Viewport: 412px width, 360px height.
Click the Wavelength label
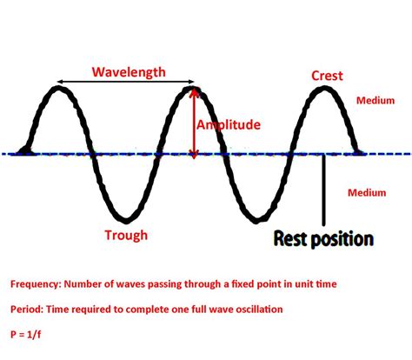pos(129,72)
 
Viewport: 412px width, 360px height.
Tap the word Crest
pos(327,76)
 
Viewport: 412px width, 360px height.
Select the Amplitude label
pos(229,125)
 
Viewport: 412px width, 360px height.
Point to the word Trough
pos(126,235)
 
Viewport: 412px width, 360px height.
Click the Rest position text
pos(323,239)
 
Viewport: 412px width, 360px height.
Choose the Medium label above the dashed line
pos(375,101)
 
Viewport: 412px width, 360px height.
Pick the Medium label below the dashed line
pos(367,193)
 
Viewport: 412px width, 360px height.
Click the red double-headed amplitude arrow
pos(195,123)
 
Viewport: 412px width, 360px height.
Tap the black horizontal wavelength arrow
pos(126,82)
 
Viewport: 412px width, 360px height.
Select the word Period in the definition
pos(27,310)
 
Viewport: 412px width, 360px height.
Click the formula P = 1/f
pos(25,335)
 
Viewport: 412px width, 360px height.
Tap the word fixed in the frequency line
pos(244,283)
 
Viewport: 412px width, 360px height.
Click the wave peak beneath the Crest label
pos(324,89)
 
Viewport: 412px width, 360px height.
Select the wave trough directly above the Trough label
pos(126,221)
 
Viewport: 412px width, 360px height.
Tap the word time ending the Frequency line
pos(326,283)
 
